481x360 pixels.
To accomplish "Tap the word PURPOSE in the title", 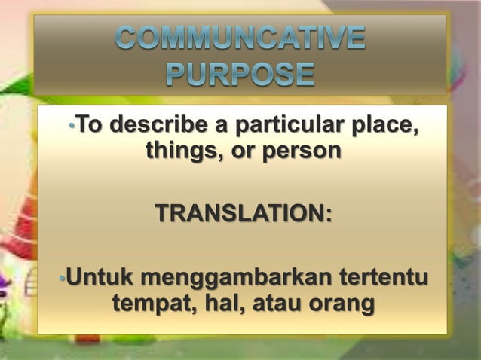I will (x=240, y=75).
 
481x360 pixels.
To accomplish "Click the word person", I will (x=300, y=151).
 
